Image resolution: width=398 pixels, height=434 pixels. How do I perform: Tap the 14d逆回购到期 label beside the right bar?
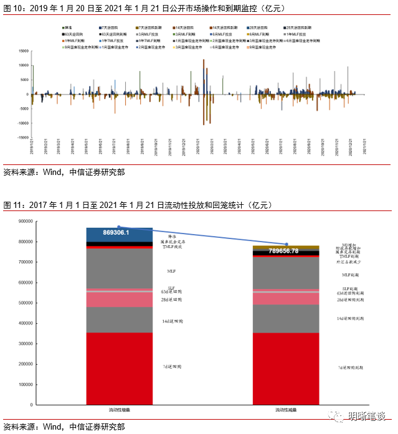[350, 318]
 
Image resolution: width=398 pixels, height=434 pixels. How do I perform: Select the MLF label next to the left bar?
[171, 271]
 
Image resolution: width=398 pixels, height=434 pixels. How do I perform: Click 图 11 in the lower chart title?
[12, 205]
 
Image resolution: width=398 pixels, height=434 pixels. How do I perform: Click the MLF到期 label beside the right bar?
[350, 275]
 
